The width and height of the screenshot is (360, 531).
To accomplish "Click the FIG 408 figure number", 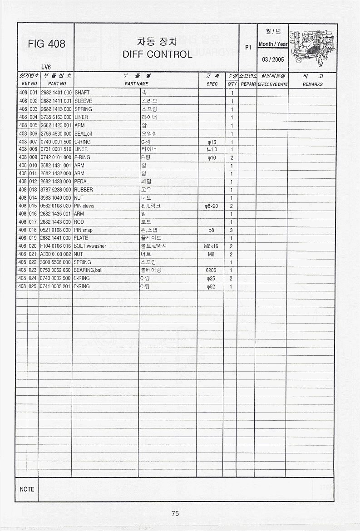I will click(46, 44).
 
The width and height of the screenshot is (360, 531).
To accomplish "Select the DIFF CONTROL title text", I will click(157, 54).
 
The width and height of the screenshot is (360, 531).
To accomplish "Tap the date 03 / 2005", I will click(272, 59).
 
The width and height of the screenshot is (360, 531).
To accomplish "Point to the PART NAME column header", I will click(136, 84).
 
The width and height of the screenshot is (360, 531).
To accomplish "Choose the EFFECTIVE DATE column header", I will click(272, 84).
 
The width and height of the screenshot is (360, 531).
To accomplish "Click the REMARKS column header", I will click(312, 84).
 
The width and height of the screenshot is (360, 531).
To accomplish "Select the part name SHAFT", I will click(82, 93).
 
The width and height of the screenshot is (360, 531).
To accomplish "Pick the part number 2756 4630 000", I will click(56, 133).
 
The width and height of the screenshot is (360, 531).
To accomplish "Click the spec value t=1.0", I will click(212, 149).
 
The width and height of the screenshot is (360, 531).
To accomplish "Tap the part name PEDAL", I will click(82, 182).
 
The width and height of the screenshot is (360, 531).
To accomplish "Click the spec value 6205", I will click(211, 270).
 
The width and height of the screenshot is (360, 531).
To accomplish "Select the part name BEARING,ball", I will click(88, 270).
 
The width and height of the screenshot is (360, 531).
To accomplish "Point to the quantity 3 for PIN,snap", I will click(231, 230).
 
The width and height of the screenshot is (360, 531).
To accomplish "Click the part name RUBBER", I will click(84, 190).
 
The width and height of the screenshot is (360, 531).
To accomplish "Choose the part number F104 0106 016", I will click(56, 246).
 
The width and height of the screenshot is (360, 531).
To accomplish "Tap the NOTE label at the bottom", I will click(27, 489).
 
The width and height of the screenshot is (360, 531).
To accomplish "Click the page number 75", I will click(175, 514).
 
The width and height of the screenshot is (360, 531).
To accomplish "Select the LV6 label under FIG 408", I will click(46, 67).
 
